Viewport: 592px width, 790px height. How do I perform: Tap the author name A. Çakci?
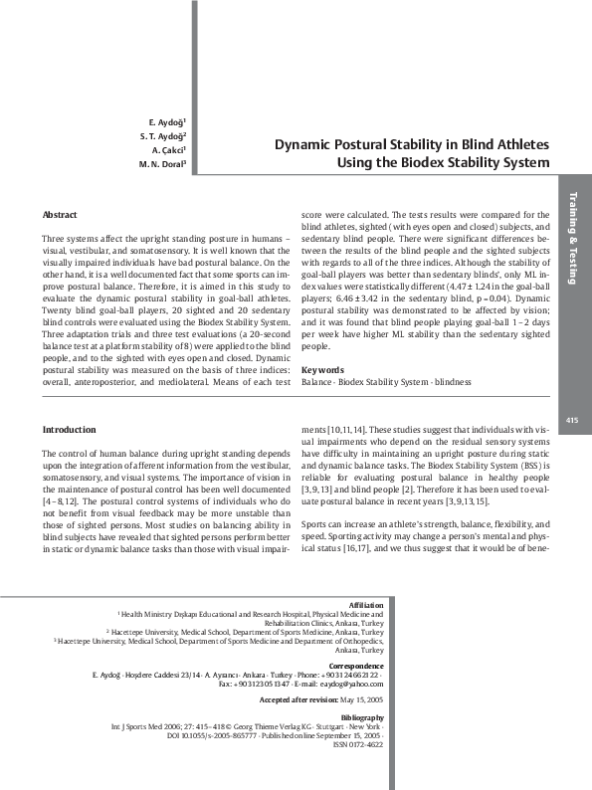point(167,149)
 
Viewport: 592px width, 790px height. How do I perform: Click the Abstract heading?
point(60,215)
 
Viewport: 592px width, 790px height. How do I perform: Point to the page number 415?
point(571,420)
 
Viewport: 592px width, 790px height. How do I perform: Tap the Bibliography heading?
point(360,716)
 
